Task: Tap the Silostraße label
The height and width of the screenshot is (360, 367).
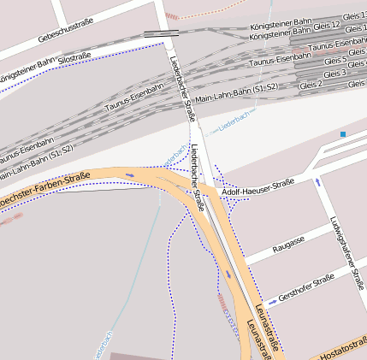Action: click(x=76, y=56)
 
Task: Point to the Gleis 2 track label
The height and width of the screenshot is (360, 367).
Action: click(x=311, y=85)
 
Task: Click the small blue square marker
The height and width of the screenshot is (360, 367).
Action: click(x=343, y=134)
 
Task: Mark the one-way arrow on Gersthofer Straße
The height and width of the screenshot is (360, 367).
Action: click(x=272, y=302)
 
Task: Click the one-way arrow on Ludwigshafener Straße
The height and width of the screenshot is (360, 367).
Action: click(x=318, y=181)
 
